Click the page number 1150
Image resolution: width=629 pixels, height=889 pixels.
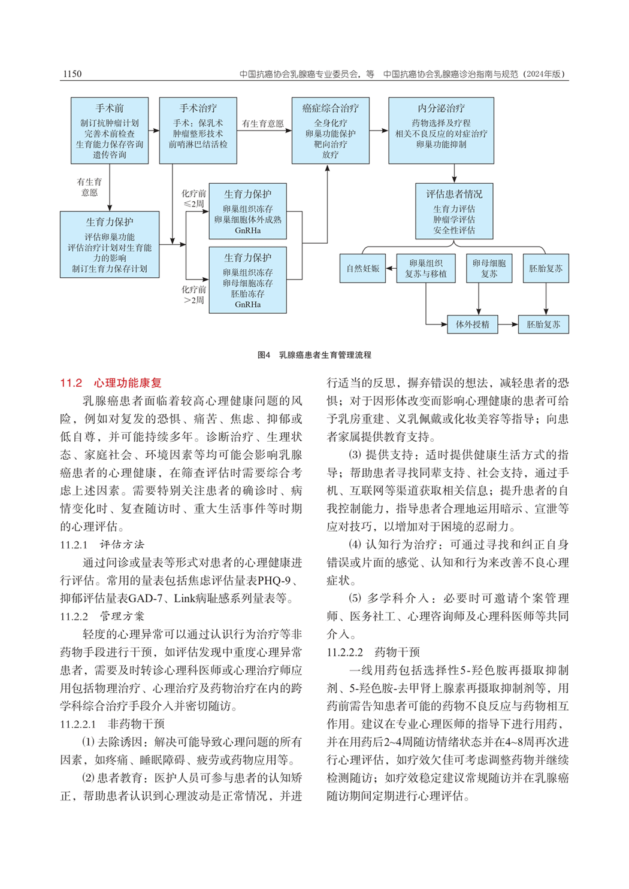(72, 74)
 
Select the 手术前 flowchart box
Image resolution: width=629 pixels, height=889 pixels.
(110, 131)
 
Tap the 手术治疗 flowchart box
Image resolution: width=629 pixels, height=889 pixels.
(198, 131)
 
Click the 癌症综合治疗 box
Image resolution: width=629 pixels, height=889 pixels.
(330, 131)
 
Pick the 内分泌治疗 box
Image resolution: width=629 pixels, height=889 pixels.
(441, 131)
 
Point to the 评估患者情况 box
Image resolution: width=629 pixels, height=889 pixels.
(454, 211)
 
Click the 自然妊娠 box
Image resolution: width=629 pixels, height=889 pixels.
(362, 269)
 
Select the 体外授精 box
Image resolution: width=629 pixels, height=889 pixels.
(472, 324)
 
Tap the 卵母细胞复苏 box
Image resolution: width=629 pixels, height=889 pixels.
(489, 268)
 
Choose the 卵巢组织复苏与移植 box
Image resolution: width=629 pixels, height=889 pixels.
(425, 268)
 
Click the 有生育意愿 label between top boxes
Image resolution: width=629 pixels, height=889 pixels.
(262, 124)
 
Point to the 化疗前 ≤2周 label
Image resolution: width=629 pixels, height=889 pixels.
(193, 198)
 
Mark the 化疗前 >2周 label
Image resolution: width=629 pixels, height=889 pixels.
(193, 295)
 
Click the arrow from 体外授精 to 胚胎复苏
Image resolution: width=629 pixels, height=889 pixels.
(507, 324)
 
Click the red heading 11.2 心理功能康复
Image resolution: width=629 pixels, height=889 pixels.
(111, 383)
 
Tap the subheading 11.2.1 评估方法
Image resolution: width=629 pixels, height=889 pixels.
(102, 544)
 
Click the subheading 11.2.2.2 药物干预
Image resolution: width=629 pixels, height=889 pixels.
(373, 652)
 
